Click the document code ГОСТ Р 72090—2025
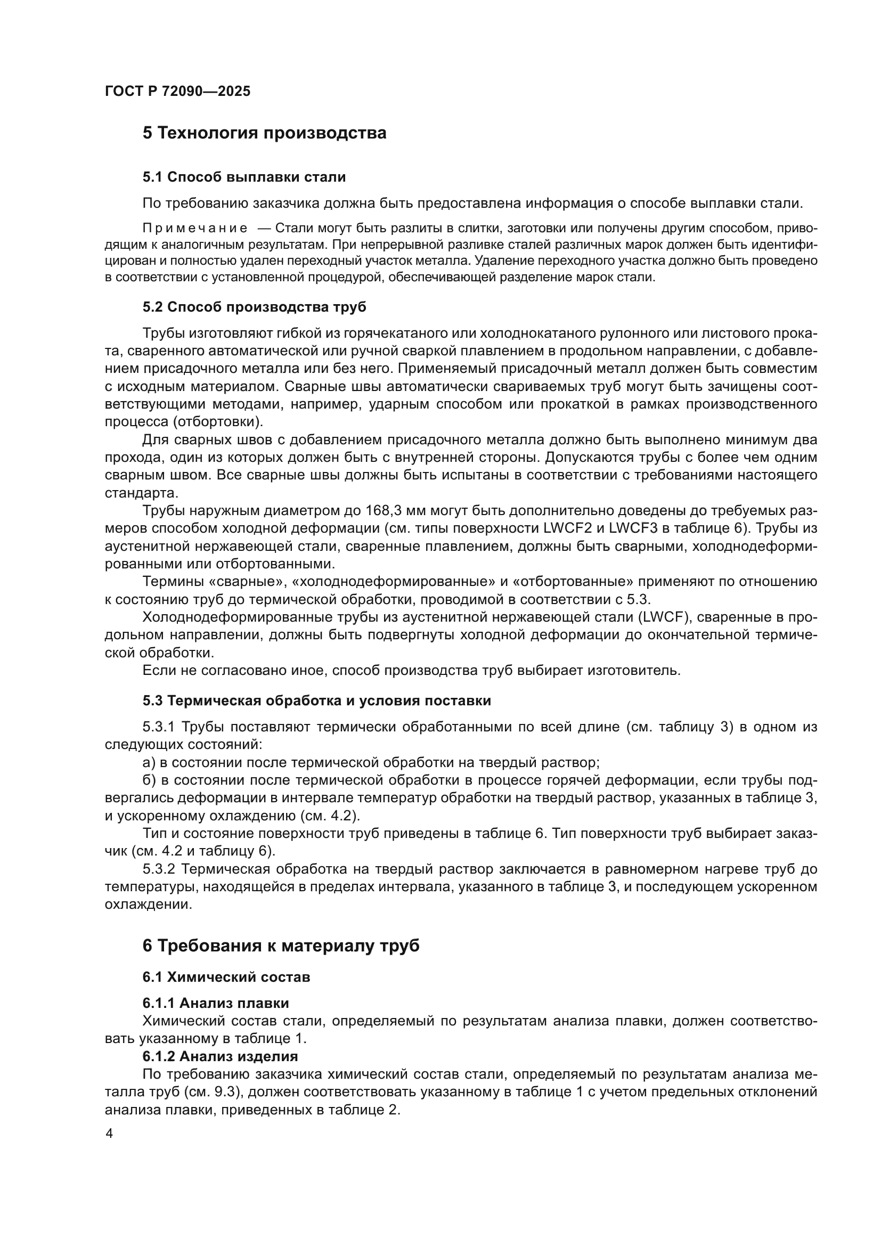coord(177,91)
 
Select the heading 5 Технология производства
coord(264,133)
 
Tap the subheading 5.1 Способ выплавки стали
coord(244,177)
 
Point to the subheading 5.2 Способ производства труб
coord(255,307)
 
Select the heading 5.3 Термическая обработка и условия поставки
coord(317,701)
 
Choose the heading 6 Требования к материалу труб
coord(281,946)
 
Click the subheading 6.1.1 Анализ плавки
coord(216,1003)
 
